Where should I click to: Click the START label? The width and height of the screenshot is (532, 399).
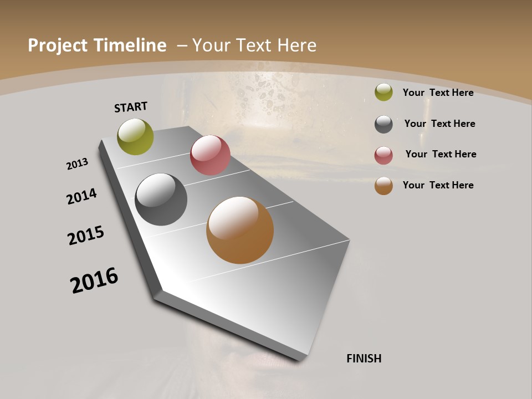[131, 107]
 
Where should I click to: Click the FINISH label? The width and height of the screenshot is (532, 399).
[364, 359]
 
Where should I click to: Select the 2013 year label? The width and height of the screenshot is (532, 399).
[77, 164]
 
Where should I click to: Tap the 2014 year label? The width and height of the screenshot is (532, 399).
[82, 196]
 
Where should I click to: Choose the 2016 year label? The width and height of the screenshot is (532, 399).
[94, 280]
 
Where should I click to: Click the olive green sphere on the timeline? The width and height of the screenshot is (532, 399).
[135, 136]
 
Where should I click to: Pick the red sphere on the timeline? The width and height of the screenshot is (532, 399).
[210, 155]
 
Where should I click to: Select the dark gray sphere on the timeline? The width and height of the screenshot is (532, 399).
[161, 199]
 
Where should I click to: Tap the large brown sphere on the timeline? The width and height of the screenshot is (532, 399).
[240, 230]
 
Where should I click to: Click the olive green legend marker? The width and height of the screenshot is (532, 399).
[383, 92]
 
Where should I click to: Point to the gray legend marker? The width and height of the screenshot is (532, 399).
[383, 124]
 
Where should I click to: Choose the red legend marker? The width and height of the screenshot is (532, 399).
[383, 155]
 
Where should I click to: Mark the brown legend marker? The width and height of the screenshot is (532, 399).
[383, 186]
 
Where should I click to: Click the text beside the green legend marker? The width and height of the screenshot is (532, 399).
[438, 93]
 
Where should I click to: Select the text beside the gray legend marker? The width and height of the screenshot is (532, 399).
[439, 124]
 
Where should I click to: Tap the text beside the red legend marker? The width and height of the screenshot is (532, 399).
[441, 154]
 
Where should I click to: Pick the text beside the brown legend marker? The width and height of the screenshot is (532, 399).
[438, 185]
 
